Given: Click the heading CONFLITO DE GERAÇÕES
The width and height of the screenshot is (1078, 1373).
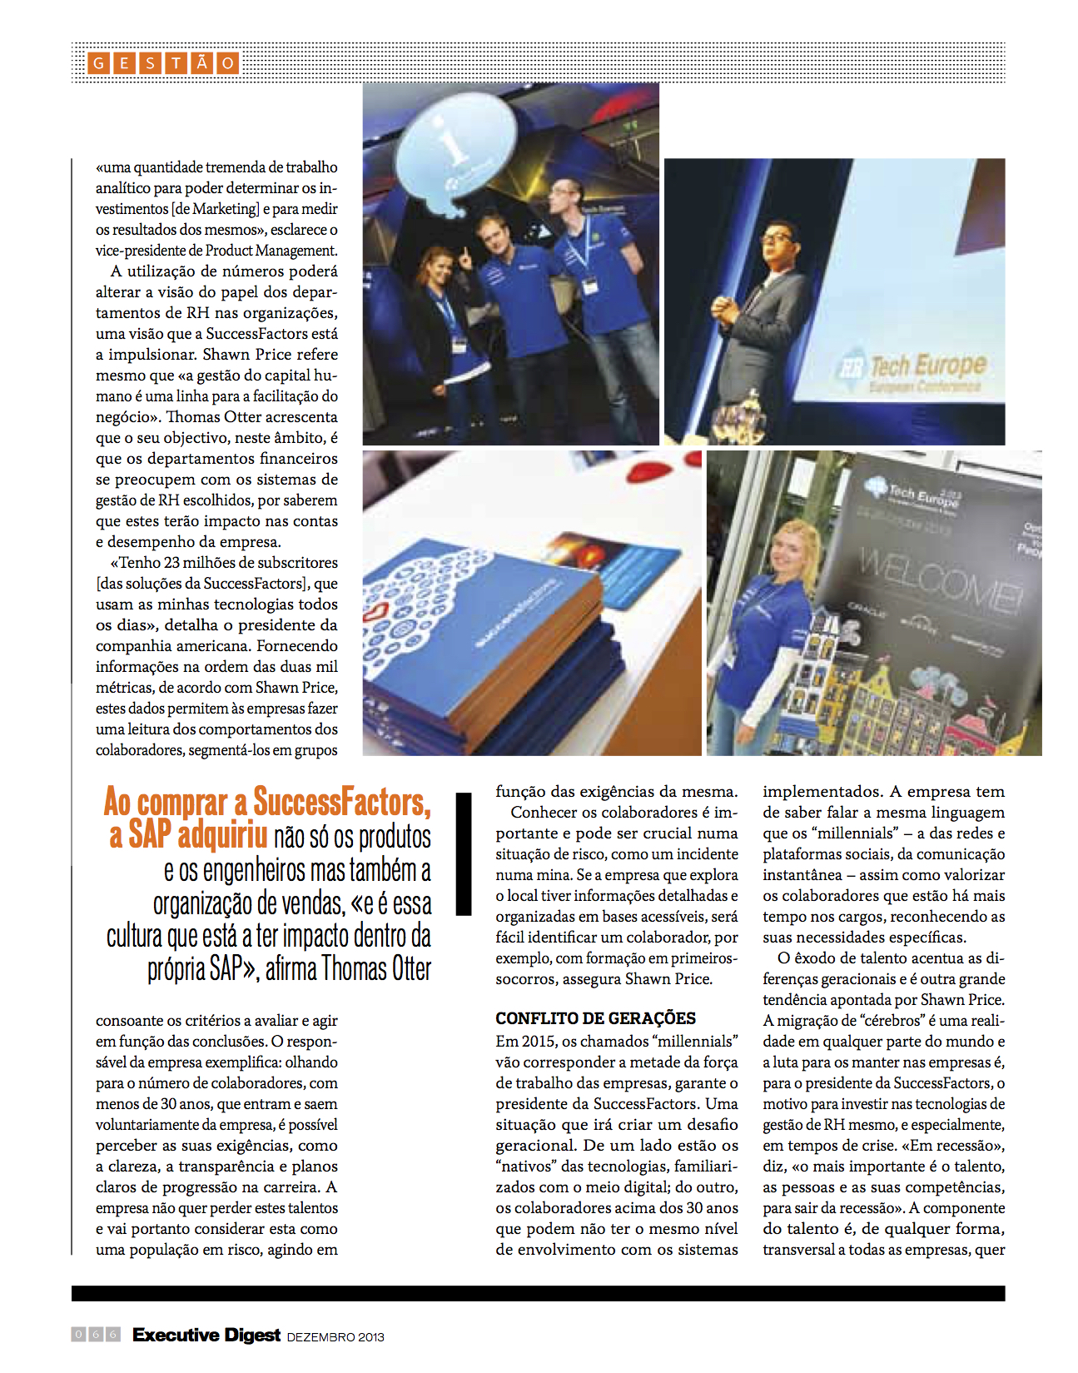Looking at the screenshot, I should click(595, 1018).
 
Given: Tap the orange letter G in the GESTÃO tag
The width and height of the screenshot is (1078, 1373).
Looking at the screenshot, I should click(98, 63).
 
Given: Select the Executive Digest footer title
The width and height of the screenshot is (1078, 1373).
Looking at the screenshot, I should click(206, 1335).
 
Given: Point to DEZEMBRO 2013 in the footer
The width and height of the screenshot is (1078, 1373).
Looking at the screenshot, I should click(335, 1337).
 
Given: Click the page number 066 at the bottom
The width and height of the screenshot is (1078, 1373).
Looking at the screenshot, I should click(96, 1335).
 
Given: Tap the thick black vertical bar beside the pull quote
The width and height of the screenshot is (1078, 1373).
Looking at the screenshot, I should click(464, 853).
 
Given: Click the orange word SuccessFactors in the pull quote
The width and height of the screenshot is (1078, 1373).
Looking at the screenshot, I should click(341, 802).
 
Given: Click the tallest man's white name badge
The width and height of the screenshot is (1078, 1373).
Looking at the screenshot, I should click(590, 286).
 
